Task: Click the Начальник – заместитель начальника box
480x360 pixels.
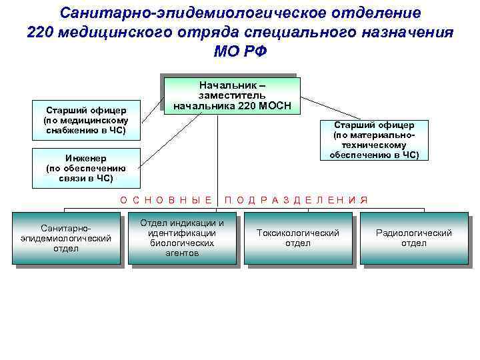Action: pyautogui.click(x=231, y=95)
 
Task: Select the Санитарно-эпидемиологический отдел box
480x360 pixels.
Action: pyautogui.click(x=67, y=238)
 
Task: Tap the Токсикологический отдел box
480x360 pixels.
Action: pyautogui.click(x=298, y=238)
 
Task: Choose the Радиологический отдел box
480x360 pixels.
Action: pyautogui.click(x=414, y=238)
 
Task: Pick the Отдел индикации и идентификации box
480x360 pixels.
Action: pyautogui.click(x=182, y=238)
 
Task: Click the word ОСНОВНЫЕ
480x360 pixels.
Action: pyautogui.click(x=166, y=199)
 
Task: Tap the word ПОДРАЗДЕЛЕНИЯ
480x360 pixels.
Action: pyautogui.click(x=296, y=199)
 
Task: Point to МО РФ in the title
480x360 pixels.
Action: pyautogui.click(x=240, y=52)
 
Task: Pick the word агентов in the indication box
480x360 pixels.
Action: pyautogui.click(x=182, y=253)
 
